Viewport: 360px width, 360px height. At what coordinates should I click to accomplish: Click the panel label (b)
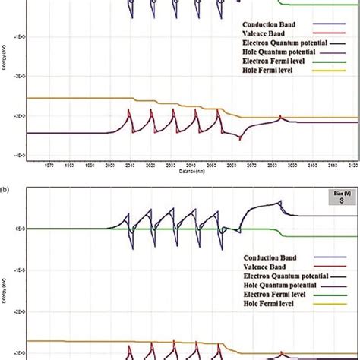coord(6,183)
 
